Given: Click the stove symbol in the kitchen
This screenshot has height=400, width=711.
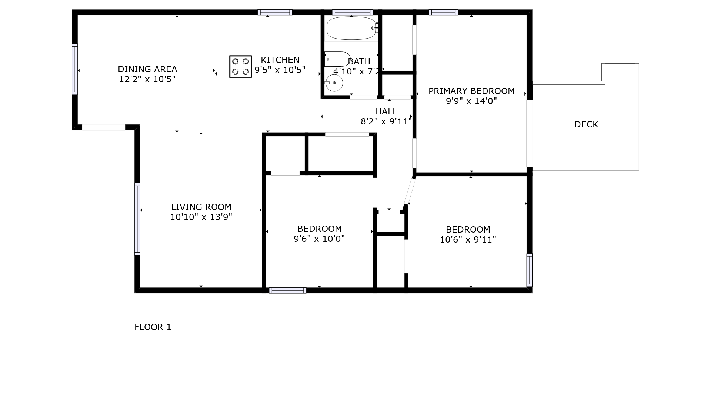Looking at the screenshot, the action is tap(240, 67).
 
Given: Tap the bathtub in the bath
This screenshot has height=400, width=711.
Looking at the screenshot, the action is tap(352, 28).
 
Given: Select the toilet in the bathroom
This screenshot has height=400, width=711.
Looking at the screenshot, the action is tap(337, 59).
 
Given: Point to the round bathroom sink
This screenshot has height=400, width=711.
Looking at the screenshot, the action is tap(334, 83).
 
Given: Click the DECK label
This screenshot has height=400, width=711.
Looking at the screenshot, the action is tap(586, 124).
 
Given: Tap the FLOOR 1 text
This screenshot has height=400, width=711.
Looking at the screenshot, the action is tap(153, 327).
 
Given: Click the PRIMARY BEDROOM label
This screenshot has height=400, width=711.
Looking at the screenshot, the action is tap(471, 91).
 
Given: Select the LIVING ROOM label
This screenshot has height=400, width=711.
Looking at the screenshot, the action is tap(201, 207).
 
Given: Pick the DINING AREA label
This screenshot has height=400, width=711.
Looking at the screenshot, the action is tap(147, 69).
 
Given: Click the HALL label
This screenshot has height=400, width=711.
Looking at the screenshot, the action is tap(387, 111).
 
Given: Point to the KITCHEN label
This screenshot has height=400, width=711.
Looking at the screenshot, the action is tap(280, 60).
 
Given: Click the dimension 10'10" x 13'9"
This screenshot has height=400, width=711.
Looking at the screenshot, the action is tap(201, 217).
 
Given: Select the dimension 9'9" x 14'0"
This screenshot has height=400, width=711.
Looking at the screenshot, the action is tap(471, 101).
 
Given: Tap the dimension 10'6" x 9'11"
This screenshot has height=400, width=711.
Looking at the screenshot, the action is tap(468, 240).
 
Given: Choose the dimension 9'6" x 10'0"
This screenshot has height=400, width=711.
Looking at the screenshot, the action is tap(319, 239).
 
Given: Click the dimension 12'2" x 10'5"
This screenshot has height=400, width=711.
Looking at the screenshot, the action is tap(147, 79).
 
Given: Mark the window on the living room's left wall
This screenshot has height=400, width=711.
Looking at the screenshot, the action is tap(137, 219).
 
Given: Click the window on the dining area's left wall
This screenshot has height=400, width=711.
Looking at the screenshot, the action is tap(75, 69).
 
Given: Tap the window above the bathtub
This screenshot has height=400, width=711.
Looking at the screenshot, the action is tap(352, 12).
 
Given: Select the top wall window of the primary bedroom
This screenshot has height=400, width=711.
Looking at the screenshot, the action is tap(443, 12).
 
